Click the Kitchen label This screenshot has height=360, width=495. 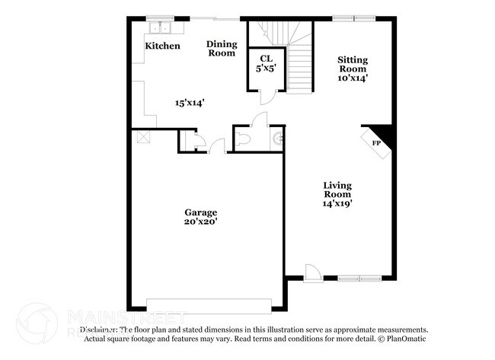coord(163,46)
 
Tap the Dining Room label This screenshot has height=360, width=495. coord(222,49)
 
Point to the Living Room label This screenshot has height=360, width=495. coord(336,190)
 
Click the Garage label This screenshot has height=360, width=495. coord(201,212)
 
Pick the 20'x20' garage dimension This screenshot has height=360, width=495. coord(201,222)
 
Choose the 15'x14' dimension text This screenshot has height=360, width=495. coord(190,102)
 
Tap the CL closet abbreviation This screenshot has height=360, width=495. coord(266,58)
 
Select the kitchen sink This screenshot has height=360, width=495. coord(161,28)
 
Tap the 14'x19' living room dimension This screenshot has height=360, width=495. coord(336,203)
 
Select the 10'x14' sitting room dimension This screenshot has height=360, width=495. coord(353,78)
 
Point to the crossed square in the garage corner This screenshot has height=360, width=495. coord(142,136)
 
